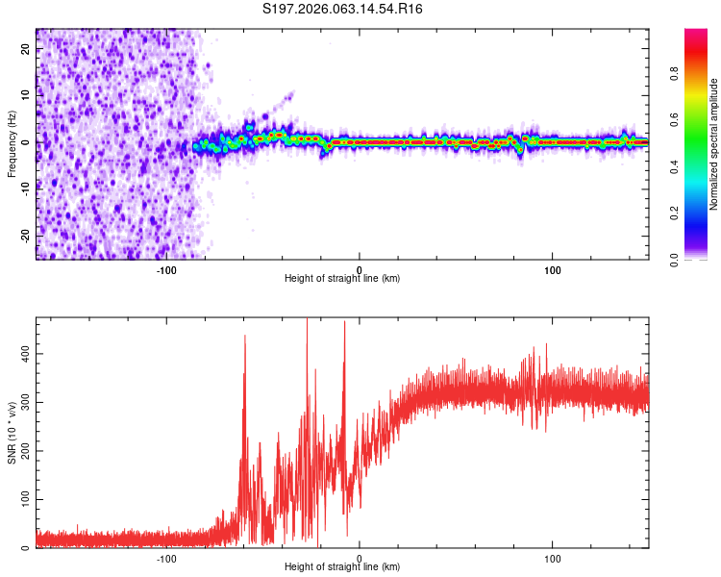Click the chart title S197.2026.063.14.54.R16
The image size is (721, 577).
(343, 9)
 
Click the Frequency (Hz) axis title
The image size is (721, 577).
(12, 143)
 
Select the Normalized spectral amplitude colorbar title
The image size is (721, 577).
(713, 144)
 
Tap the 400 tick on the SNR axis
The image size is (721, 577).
(25, 354)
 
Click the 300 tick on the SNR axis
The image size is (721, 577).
(25, 402)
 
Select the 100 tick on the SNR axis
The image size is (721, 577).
(25, 499)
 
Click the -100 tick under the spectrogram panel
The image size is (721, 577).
(166, 268)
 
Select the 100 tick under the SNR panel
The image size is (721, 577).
(553, 557)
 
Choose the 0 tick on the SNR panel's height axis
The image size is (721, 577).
(360, 557)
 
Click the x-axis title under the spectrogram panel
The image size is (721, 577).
(342, 279)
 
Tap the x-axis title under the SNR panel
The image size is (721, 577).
(342, 567)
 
